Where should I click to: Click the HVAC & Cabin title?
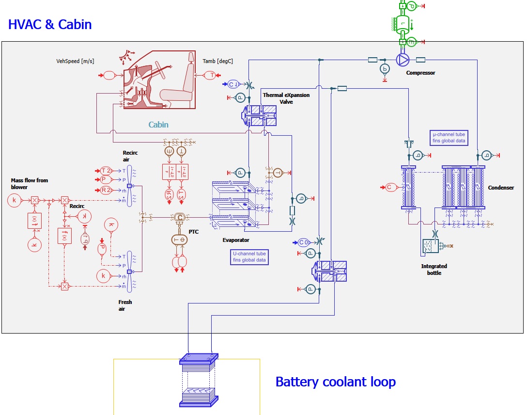point(50,24)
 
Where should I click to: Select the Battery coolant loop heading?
point(335,382)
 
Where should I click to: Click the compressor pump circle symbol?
point(403,60)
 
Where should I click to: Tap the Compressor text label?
point(420,73)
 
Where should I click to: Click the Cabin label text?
point(158,125)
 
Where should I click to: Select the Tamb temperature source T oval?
point(211,75)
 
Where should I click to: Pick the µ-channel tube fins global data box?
point(449,138)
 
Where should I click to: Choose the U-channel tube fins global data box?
point(249,257)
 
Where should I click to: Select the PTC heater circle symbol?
point(179,218)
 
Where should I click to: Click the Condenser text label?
point(500,188)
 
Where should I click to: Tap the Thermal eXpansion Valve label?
point(286,98)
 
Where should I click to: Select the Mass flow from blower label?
point(30,184)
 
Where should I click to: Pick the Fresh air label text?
point(125,305)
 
